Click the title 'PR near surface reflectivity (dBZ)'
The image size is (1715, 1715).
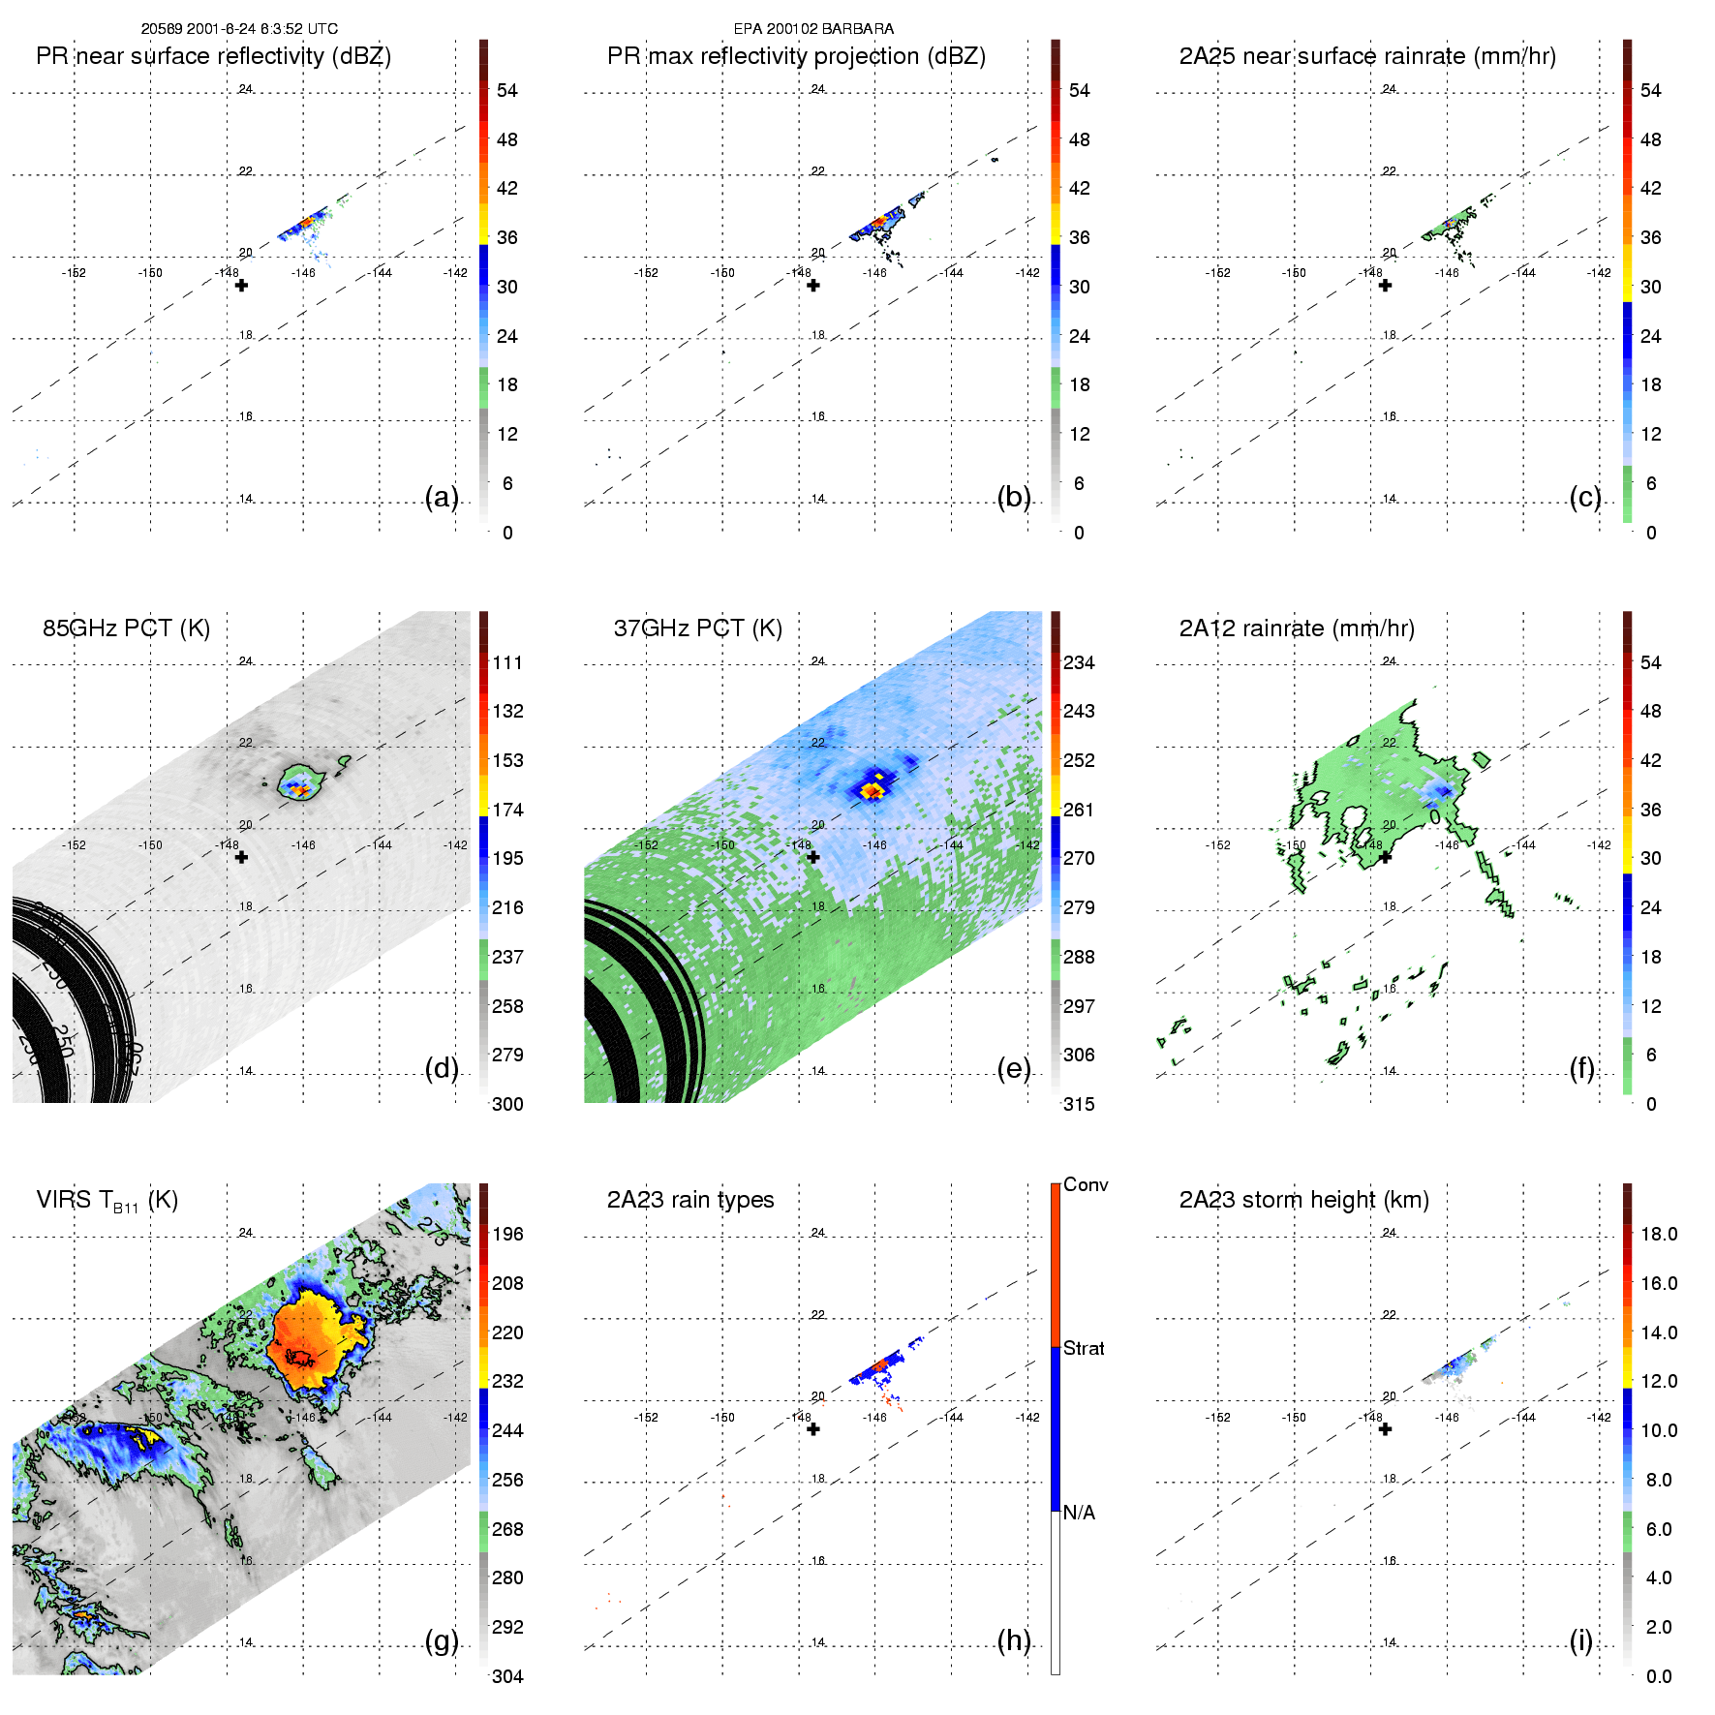click(x=213, y=56)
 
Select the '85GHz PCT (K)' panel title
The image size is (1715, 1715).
click(x=126, y=628)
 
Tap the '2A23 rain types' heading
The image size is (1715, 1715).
click(x=689, y=1200)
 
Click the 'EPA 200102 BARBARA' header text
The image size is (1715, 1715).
click(x=813, y=29)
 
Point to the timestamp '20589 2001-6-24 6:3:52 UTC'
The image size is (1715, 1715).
click(x=239, y=29)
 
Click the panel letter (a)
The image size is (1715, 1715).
click(x=442, y=497)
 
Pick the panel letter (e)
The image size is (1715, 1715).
click(x=1013, y=1068)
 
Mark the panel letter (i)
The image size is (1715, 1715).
click(x=1580, y=1640)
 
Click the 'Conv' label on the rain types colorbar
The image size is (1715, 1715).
click(x=1085, y=1184)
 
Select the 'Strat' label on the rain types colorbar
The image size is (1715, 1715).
click(x=1084, y=1348)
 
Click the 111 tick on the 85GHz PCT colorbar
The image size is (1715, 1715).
click(x=507, y=662)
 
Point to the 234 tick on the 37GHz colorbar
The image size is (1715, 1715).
click(x=1079, y=662)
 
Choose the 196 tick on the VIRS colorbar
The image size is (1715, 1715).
click(x=507, y=1234)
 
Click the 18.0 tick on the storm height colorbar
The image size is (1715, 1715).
click(x=1658, y=1234)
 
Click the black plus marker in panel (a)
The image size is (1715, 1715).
click(x=241, y=286)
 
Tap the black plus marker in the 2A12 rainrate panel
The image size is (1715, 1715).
click(x=1385, y=857)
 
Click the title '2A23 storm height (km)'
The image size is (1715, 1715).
click(x=1303, y=1200)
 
